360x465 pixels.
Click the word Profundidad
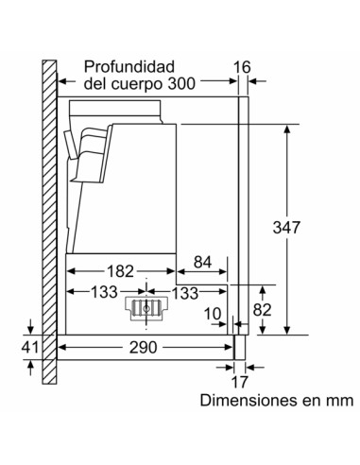130,67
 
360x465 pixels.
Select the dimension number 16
244,67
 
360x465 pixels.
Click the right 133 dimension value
185,291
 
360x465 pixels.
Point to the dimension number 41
30,348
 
